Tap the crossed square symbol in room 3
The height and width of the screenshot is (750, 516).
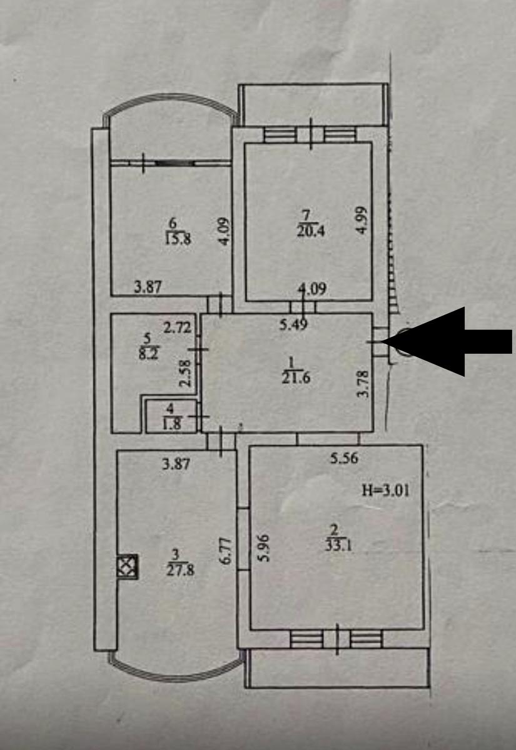coord(126,566)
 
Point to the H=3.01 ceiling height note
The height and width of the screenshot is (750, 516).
coord(387,489)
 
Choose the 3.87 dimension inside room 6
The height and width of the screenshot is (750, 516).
coord(149,287)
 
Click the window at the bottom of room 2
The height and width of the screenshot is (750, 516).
coord(336,639)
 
